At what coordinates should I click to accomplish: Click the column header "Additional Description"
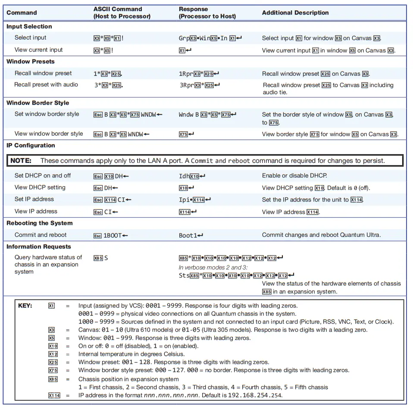click(295, 13)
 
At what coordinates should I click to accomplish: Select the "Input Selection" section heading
click(29, 26)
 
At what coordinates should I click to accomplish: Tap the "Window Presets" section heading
click(31, 62)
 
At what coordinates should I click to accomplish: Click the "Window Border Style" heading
click(38, 103)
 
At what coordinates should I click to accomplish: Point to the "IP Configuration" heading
click(31, 145)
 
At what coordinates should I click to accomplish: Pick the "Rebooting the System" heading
click(40, 223)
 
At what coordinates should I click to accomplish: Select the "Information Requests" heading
click(39, 247)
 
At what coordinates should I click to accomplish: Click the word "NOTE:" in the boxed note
click(21, 161)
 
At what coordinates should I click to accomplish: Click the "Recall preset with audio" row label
click(46, 84)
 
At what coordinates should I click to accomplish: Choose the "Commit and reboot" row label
click(41, 235)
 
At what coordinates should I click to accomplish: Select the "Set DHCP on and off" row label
click(43, 175)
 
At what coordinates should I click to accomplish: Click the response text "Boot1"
click(188, 235)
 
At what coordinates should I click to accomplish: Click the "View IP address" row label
click(36, 211)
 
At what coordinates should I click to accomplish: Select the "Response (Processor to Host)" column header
click(207, 12)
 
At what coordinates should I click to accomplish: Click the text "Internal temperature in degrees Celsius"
click(131, 354)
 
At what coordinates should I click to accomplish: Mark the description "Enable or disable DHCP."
click(294, 175)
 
